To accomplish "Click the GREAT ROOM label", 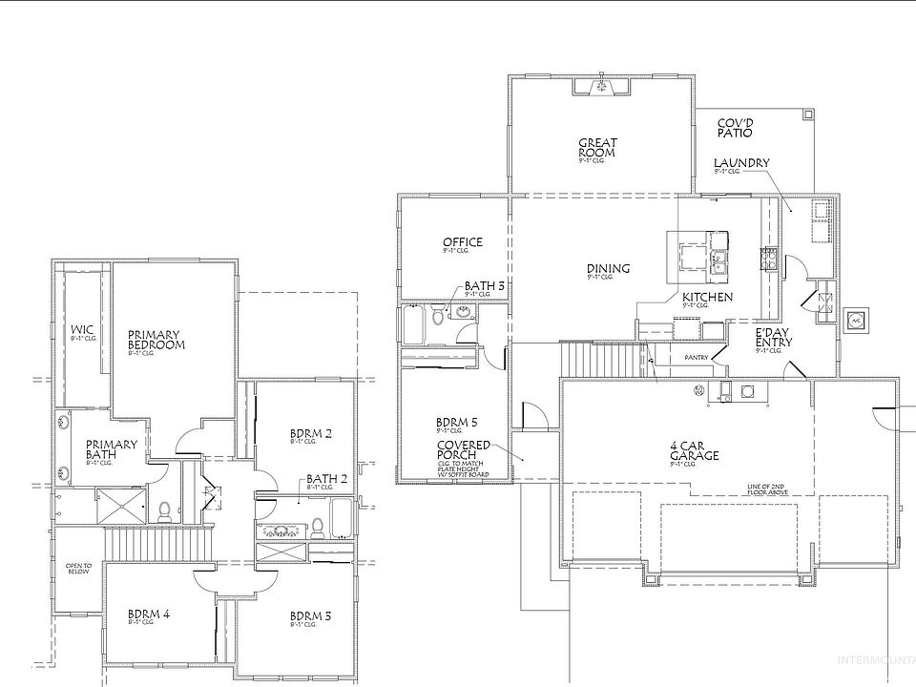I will (597, 149).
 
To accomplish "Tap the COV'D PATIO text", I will (736, 129).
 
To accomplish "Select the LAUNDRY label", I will (741, 164).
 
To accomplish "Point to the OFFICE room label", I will (462, 243).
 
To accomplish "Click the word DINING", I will (608, 269).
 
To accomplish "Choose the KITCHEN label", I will (707, 298).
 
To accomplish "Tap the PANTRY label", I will (697, 358).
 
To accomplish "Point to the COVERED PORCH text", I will (464, 451).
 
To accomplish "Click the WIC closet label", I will (82, 331).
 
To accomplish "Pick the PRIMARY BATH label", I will (112, 449).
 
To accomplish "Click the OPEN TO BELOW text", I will (78, 568).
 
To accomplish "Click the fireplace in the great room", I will (600, 88).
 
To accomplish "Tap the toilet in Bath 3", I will (438, 316).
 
